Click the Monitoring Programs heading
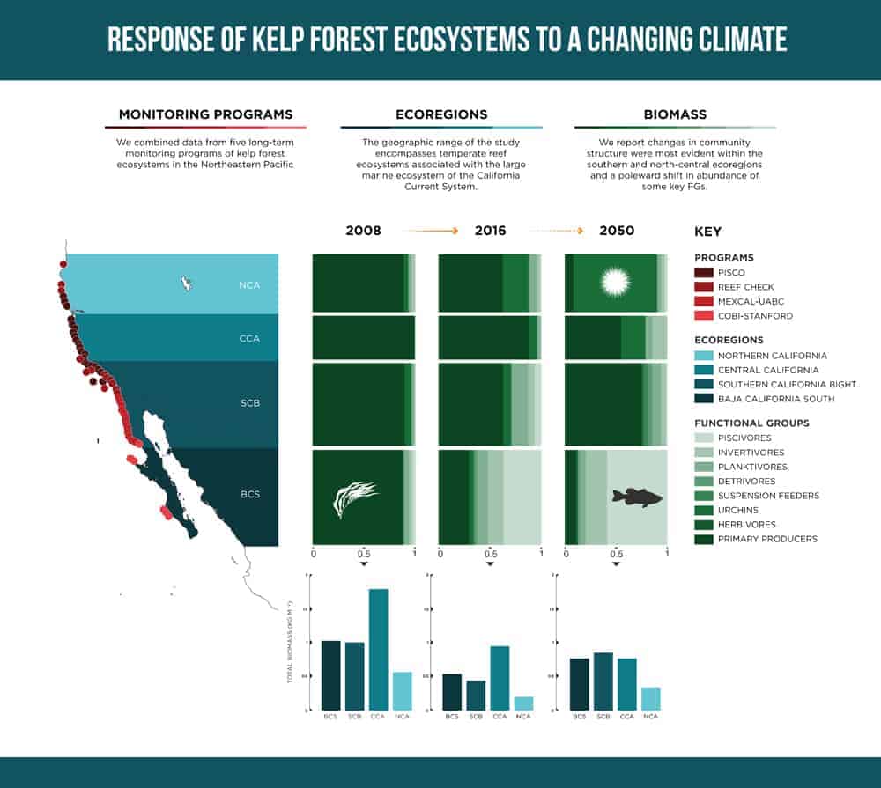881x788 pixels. click(205, 114)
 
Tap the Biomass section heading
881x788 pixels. click(675, 114)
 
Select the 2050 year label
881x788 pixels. click(616, 231)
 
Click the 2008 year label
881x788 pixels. click(363, 231)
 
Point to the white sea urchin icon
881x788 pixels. click(615, 282)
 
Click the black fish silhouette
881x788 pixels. click(637, 497)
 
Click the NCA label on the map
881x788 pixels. click(248, 285)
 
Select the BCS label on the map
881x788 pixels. click(249, 495)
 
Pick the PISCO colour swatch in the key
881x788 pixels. click(703, 273)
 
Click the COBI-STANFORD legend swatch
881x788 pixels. click(703, 315)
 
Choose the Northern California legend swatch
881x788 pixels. click(703, 356)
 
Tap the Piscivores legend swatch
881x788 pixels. click(703, 438)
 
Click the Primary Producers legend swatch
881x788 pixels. click(703, 539)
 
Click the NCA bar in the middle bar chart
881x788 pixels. click(523, 703)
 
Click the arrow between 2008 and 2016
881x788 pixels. click(431, 231)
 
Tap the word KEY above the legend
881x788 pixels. click(707, 232)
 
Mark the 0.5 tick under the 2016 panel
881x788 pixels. click(490, 555)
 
